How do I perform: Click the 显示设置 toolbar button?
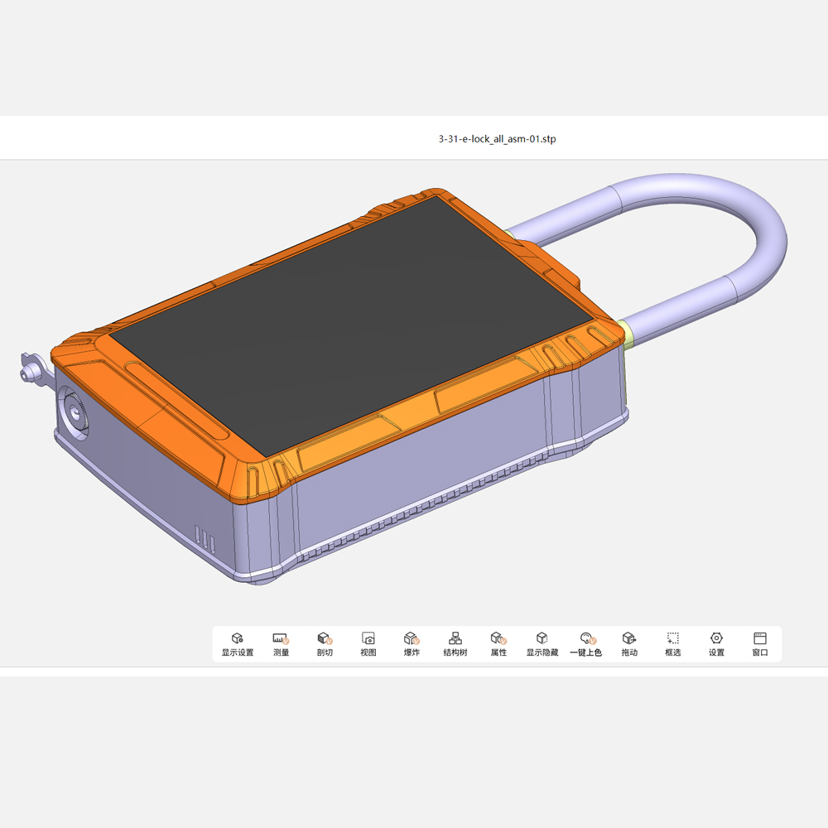[x=237, y=643]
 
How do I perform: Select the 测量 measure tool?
[x=281, y=643]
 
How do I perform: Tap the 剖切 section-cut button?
[x=325, y=643]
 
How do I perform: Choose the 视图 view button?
[x=368, y=643]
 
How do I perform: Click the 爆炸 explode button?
[x=412, y=643]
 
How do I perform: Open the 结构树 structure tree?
[x=455, y=643]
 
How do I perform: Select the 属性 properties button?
[x=498, y=643]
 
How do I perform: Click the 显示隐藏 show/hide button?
[x=542, y=643]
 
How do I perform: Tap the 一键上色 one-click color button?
[x=586, y=643]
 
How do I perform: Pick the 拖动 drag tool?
[x=629, y=643]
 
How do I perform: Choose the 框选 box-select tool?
[x=673, y=643]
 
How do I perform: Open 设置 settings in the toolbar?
[x=716, y=643]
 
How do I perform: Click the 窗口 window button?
[x=760, y=643]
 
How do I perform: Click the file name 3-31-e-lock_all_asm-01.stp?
[x=497, y=139]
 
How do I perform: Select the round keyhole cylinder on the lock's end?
[x=75, y=412]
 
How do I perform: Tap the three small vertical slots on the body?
[x=205, y=539]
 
